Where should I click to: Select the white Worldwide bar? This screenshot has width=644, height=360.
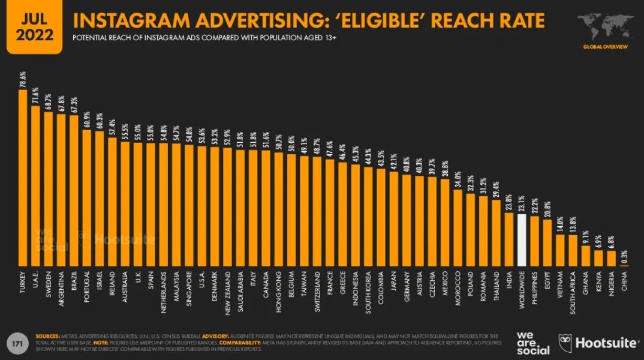click(522, 240)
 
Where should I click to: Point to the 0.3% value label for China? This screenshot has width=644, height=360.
click(624, 256)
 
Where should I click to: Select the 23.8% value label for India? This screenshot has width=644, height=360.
click(509, 203)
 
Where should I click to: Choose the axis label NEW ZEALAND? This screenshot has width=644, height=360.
click(227, 292)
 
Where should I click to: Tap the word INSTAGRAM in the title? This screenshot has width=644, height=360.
click(131, 20)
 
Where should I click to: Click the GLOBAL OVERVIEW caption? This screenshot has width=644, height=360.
click(605, 47)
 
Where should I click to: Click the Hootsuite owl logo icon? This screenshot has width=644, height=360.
click(565, 343)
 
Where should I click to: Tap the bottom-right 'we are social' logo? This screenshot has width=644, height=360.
click(532, 342)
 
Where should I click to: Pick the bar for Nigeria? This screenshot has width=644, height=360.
click(612, 258)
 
